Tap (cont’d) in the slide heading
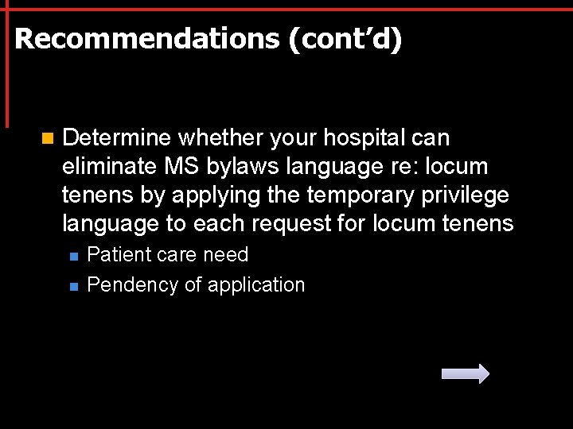345,39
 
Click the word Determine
116,138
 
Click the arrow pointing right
466,373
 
